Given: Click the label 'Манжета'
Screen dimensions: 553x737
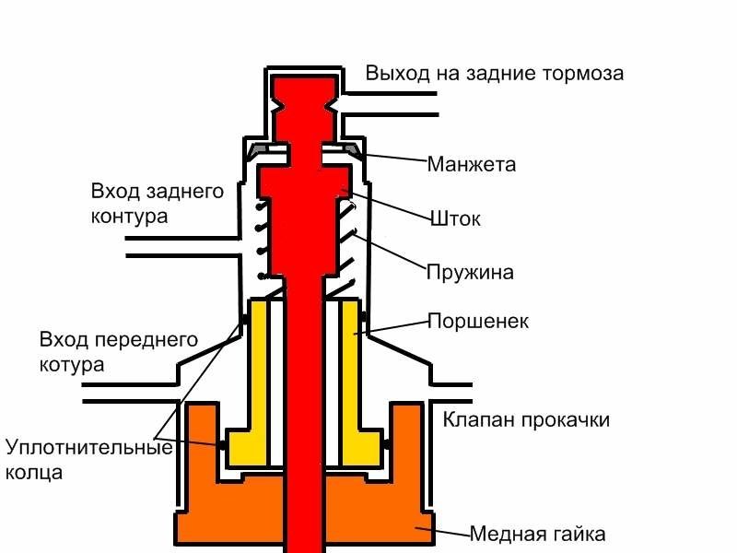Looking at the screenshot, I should tap(471, 166).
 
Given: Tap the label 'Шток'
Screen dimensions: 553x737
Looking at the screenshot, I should tap(456, 219).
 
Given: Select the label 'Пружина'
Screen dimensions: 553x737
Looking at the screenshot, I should tap(470, 273).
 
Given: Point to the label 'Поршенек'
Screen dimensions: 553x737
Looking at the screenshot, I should tap(477, 322).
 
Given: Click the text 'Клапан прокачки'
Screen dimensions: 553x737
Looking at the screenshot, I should tap(526, 420).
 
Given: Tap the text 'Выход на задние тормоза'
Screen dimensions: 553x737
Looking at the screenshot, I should tap(495, 74).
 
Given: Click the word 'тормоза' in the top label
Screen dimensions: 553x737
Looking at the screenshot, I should tap(586, 74).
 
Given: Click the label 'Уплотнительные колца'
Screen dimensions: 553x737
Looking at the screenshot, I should tap(88, 460).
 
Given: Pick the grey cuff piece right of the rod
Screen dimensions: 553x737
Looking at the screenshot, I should tap(350, 147).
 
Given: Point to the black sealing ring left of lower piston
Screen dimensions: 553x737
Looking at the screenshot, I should tap(224, 445).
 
